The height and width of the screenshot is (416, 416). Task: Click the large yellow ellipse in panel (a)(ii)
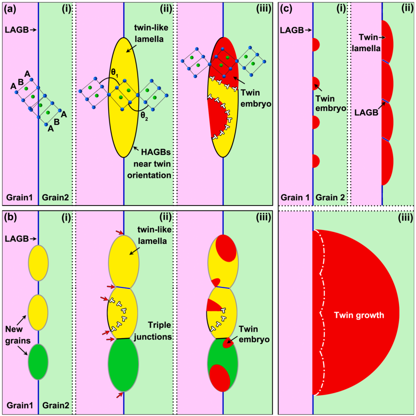pyautogui.click(x=123, y=116)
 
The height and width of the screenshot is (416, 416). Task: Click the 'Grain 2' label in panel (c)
pyautogui.click(x=331, y=198)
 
